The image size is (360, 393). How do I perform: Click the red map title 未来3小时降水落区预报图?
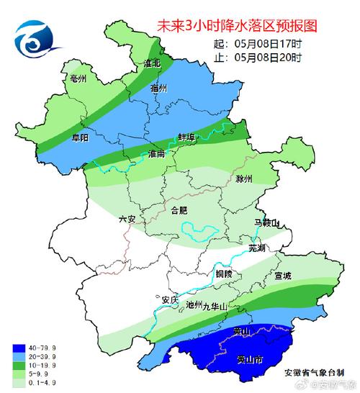coord(237,27)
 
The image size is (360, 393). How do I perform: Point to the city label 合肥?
coord(179,210)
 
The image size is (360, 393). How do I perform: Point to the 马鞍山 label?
coord(271,224)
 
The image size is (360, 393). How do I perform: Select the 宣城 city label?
coord(282,276)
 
